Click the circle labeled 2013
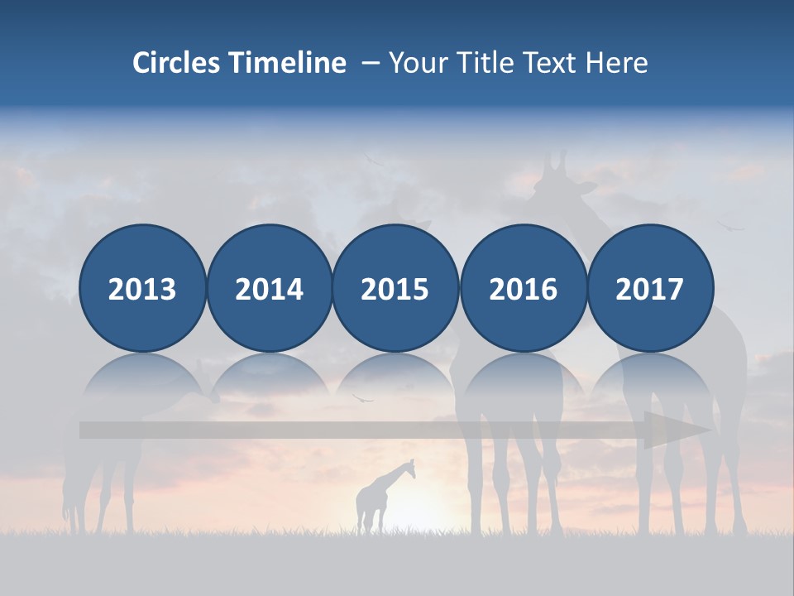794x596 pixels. click(142, 288)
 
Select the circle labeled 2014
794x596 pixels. click(270, 288)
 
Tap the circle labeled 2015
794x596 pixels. click(395, 288)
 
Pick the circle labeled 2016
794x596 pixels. click(523, 288)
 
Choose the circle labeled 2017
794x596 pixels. click(650, 288)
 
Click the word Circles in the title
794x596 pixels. click(176, 63)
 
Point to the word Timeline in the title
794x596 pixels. click(289, 63)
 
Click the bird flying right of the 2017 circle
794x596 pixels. click(729, 223)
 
